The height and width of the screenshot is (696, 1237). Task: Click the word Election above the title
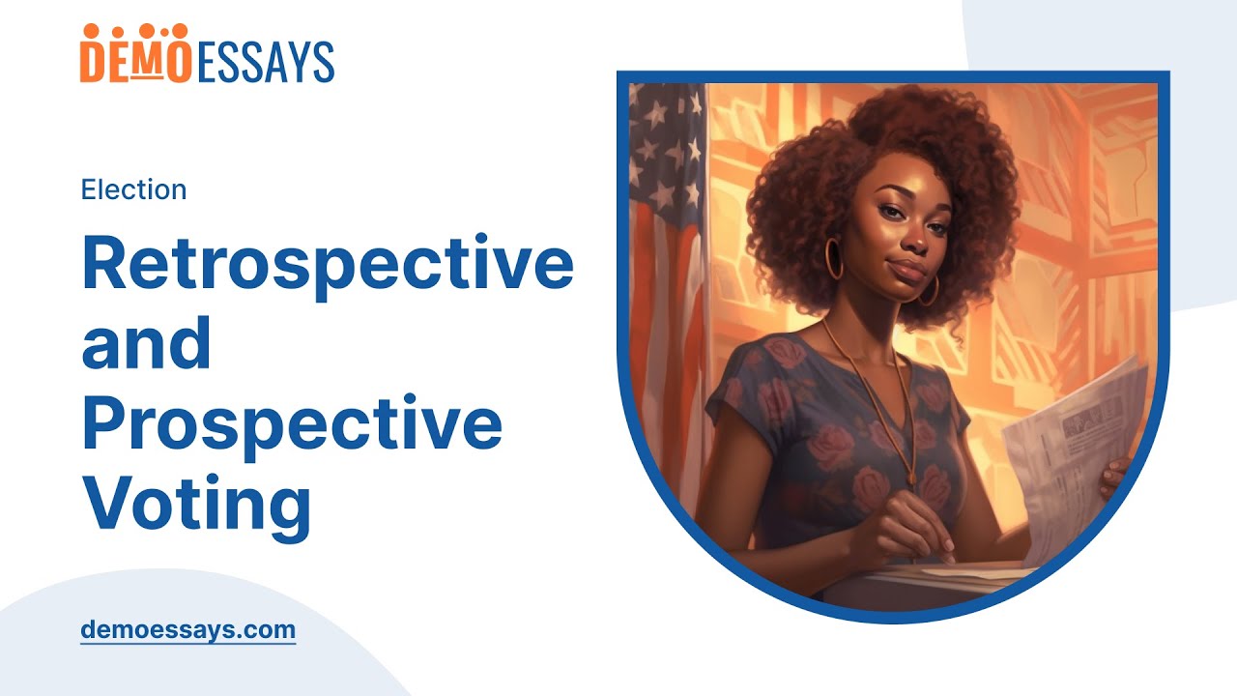[x=133, y=189]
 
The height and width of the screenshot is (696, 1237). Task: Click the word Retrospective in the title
[x=328, y=263]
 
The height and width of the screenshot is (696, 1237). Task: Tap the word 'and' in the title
[x=146, y=344]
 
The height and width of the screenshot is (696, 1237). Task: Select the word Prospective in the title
[x=292, y=425]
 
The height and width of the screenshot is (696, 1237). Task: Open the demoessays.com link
[x=187, y=630]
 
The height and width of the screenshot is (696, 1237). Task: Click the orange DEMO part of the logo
[x=135, y=57]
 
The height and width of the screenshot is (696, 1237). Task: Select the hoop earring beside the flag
[x=834, y=259]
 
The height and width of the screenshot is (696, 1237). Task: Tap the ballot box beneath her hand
[x=928, y=580]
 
